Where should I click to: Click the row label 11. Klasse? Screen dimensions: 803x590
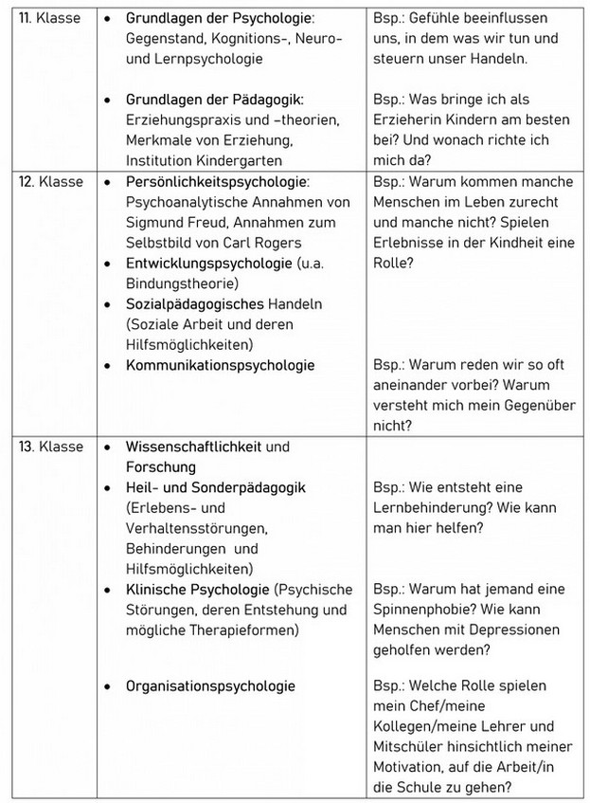[50, 18]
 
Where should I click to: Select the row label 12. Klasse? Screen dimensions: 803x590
[50, 181]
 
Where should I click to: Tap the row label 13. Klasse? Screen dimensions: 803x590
[50, 447]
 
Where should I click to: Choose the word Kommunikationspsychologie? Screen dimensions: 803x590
[220, 365]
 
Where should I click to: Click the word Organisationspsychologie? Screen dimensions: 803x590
[210, 685]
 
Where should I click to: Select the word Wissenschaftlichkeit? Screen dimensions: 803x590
[194, 447]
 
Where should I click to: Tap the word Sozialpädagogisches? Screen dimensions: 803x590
[194, 304]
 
